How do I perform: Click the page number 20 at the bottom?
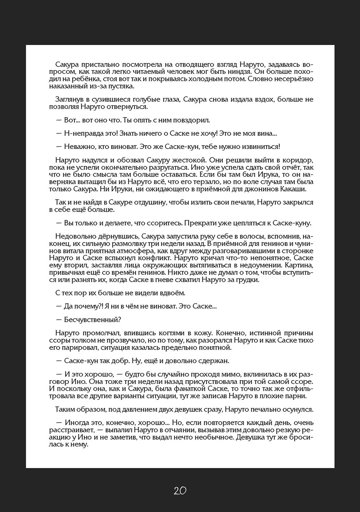pyautogui.click(x=180, y=490)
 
